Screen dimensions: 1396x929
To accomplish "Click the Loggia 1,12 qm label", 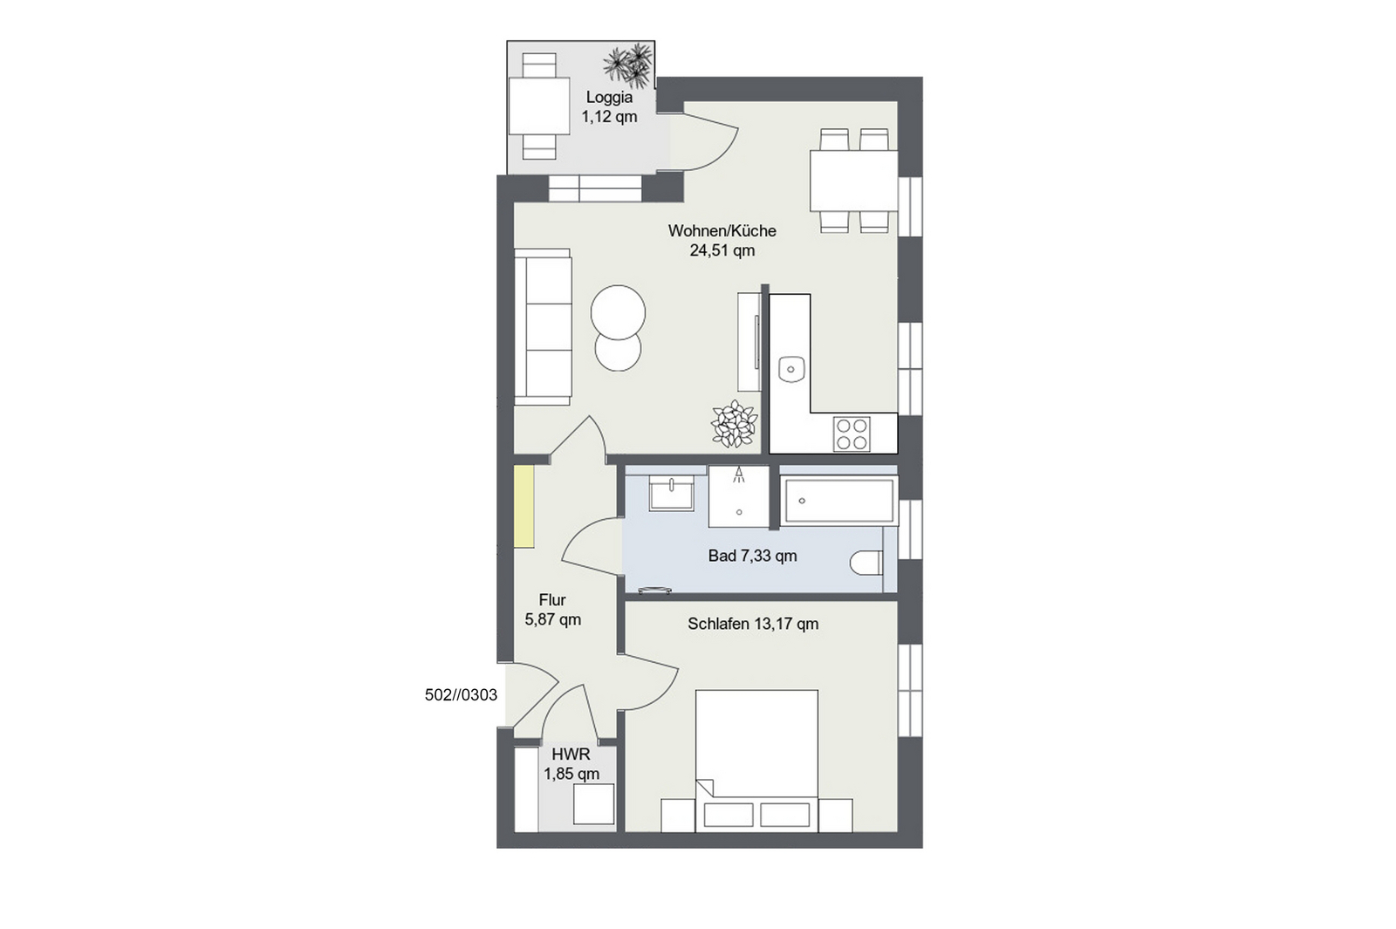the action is (609, 107).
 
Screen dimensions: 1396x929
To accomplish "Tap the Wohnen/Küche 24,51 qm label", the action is (722, 241).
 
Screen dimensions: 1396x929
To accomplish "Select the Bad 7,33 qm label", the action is (752, 556).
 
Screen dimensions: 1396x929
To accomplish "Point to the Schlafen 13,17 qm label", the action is (753, 624).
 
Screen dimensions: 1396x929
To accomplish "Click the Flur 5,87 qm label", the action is (553, 610).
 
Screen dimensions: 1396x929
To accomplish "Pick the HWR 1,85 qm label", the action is (571, 764).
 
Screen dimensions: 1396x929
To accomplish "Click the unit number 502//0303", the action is (462, 694).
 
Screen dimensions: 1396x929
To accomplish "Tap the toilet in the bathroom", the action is (867, 563).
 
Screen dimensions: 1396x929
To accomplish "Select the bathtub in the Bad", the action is (839, 501).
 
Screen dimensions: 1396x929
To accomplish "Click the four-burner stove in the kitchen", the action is (852, 434).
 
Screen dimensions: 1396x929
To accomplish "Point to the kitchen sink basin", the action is (791, 369).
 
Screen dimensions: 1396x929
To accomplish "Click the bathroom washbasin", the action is (671, 494).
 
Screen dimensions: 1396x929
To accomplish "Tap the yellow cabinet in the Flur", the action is (524, 507).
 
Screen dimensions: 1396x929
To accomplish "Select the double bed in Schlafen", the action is (756, 760).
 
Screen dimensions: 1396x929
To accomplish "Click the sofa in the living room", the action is (543, 327).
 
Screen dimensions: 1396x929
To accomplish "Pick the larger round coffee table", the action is (619, 312).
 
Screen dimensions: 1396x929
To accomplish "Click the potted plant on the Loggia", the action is (629, 65).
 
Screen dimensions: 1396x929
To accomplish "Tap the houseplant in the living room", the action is (734, 424).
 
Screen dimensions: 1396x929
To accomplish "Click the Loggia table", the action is (539, 106).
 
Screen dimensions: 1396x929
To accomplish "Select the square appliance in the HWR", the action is (593, 804).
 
